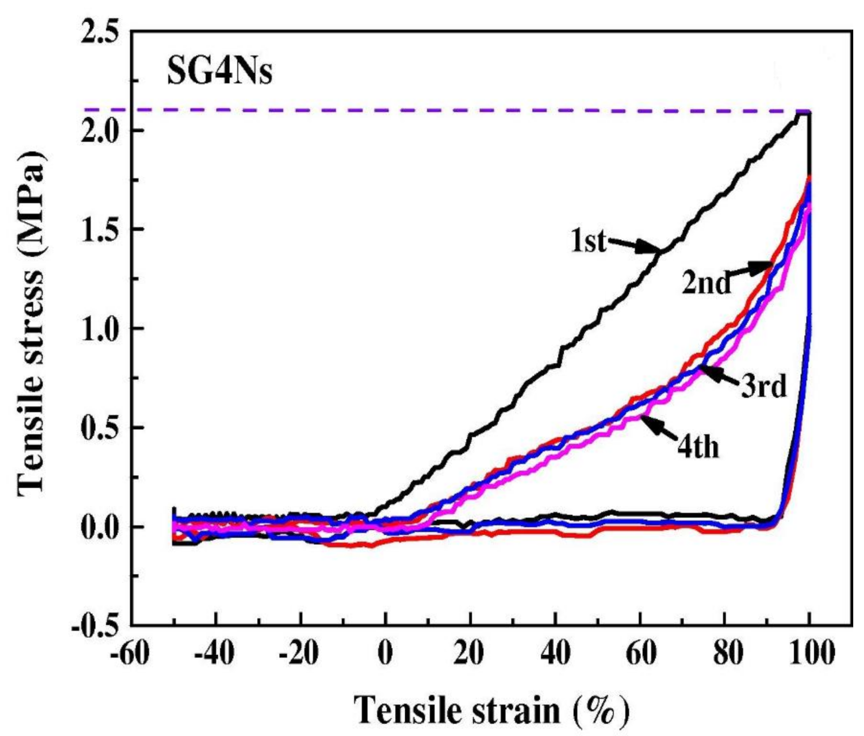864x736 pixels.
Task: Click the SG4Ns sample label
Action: (x=219, y=73)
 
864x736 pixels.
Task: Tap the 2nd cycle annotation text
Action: (x=706, y=282)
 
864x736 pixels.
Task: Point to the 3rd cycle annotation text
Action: (x=763, y=386)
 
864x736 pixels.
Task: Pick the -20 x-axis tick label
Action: (x=299, y=653)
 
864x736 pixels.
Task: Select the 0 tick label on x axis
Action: (x=385, y=653)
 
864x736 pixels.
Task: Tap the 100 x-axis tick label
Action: (x=809, y=653)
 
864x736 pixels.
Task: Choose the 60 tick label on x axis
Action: (x=640, y=653)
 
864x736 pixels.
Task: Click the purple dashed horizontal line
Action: (x=432, y=111)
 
